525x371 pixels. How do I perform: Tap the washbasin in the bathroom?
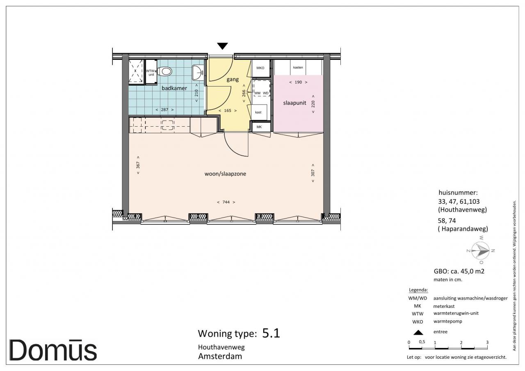coord(197,73)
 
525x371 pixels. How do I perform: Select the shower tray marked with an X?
coord(136,71)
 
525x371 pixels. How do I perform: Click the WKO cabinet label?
coord(260,68)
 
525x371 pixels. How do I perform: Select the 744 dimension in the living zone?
coord(226,202)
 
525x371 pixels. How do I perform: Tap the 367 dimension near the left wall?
coord(138,165)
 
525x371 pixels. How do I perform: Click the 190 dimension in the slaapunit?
coord(298,82)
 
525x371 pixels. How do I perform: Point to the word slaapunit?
coord(294,103)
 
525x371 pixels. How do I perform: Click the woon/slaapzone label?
coord(225,174)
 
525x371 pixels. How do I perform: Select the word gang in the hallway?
coord(233,80)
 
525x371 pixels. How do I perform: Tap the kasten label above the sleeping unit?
coord(298,68)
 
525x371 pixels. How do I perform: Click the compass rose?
coord(480,250)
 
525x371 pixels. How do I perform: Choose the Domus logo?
coord(53,350)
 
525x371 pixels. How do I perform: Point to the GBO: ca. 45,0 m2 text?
coord(459,271)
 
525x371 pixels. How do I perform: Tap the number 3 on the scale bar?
coord(487,342)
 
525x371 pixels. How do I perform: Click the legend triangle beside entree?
coord(418,332)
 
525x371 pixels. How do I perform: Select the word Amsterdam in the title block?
coord(220,356)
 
